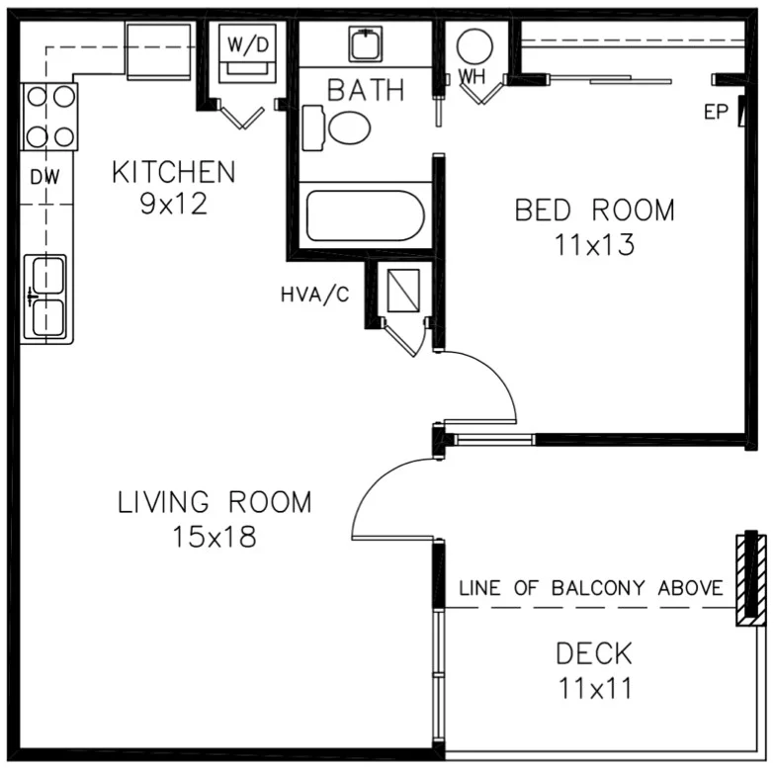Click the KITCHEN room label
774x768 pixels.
click(x=173, y=172)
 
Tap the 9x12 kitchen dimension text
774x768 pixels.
click(x=173, y=205)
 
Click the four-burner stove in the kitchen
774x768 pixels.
click(x=49, y=115)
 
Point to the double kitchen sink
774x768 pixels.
click(x=47, y=297)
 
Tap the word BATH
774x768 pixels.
click(x=366, y=91)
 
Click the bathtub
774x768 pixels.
click(x=365, y=215)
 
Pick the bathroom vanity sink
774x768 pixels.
click(x=366, y=43)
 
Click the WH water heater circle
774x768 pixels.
click(x=475, y=46)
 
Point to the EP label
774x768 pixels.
click(x=715, y=112)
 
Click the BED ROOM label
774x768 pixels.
click(x=594, y=211)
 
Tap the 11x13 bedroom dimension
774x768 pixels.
click(x=594, y=245)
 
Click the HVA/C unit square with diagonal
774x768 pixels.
click(x=402, y=290)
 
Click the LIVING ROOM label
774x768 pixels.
click(x=215, y=502)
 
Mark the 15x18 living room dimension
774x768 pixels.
click(x=215, y=537)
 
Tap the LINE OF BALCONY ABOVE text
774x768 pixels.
click(x=591, y=588)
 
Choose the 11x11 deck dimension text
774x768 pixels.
click(x=593, y=686)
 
